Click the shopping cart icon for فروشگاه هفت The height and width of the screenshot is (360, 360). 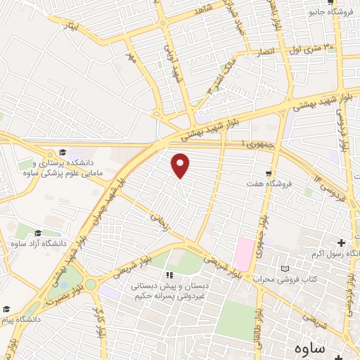[x=268, y=173]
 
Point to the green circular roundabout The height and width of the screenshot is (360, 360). [x=91, y=284]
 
